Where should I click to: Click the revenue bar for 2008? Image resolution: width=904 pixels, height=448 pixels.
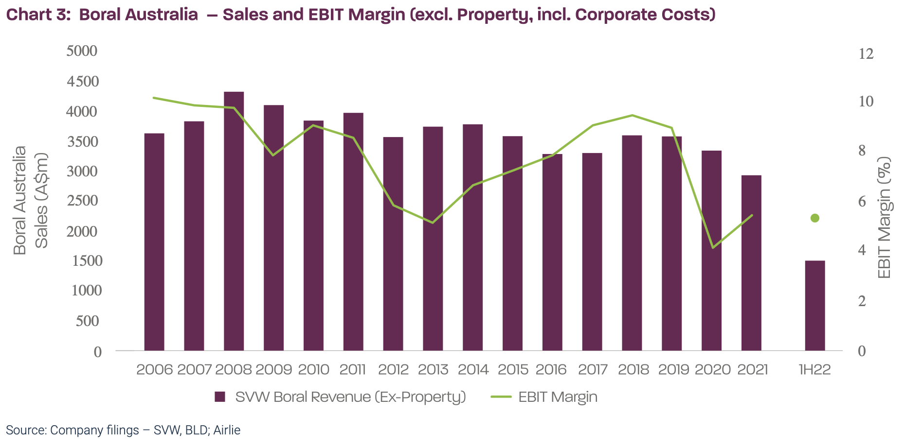coord(234,221)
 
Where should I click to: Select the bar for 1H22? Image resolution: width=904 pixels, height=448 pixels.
coord(814,306)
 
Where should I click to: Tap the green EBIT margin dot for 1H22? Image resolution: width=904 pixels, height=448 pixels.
coord(814,218)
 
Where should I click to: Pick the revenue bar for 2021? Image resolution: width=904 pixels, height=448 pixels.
coord(751,263)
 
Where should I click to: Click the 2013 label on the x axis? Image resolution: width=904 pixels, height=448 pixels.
coord(433,370)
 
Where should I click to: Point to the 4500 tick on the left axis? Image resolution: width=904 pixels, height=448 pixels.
coord(82,81)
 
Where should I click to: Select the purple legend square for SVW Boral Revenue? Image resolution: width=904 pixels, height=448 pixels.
coord(220,397)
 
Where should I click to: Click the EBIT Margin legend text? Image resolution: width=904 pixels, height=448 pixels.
coord(558,397)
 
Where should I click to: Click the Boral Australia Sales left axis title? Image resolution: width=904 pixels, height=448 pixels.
coord(30,200)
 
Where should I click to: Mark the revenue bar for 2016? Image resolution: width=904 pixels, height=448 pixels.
coord(552,252)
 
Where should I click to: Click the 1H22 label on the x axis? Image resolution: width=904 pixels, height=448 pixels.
coord(814,370)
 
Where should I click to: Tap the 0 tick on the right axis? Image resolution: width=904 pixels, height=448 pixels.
coord(862,351)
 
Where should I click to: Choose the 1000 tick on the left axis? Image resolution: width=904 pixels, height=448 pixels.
coord(87,291)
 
